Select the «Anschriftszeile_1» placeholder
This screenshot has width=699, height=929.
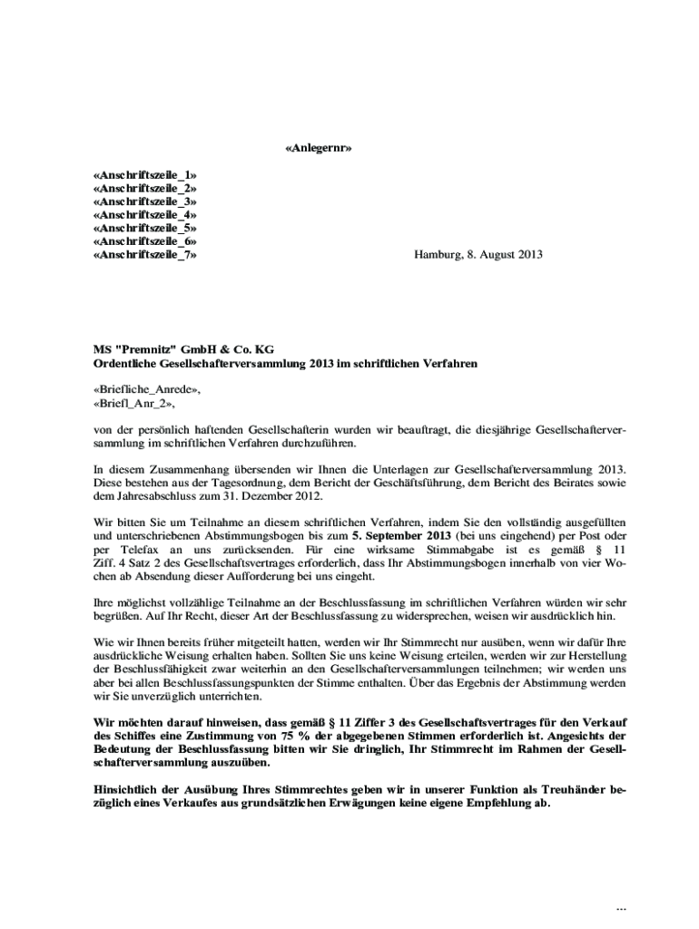[x=145, y=174]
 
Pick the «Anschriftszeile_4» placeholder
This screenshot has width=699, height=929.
[x=145, y=215]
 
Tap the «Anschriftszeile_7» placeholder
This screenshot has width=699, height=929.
[x=145, y=256]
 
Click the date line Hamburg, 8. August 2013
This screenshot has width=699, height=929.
[x=478, y=256]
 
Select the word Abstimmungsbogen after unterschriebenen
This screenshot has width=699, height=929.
[x=255, y=536]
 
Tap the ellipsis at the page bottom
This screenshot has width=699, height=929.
[x=621, y=908]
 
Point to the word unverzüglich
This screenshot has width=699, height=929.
[x=156, y=697]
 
